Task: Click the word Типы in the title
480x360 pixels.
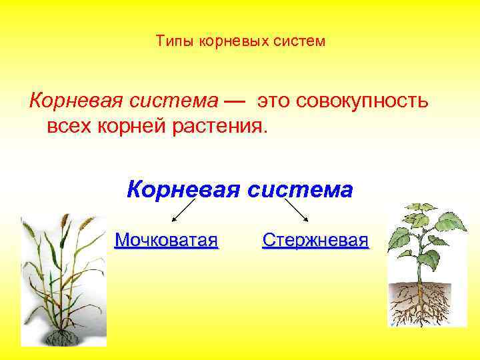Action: (171, 42)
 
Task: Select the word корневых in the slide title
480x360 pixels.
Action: (223, 42)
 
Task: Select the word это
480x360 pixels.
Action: (274, 101)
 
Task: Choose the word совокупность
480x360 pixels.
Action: (363, 101)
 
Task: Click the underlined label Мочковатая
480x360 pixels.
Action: (166, 239)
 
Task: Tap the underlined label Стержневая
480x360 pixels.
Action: (315, 239)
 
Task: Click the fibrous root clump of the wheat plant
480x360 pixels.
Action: (64, 337)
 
